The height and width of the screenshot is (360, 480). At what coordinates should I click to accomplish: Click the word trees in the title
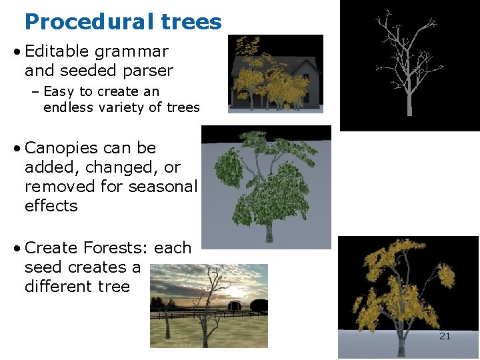(191, 22)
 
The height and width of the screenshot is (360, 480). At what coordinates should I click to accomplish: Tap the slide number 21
(445, 336)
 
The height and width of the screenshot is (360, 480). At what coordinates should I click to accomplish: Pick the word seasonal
(163, 187)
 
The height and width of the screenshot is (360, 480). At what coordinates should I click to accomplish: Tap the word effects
(51, 206)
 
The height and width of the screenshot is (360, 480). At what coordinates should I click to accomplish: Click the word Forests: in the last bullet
(116, 248)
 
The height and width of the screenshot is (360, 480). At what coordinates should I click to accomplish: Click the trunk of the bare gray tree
(409, 100)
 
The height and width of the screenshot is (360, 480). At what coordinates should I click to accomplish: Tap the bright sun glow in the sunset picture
(239, 293)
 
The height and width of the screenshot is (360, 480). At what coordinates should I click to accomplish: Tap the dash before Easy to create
(35, 91)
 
